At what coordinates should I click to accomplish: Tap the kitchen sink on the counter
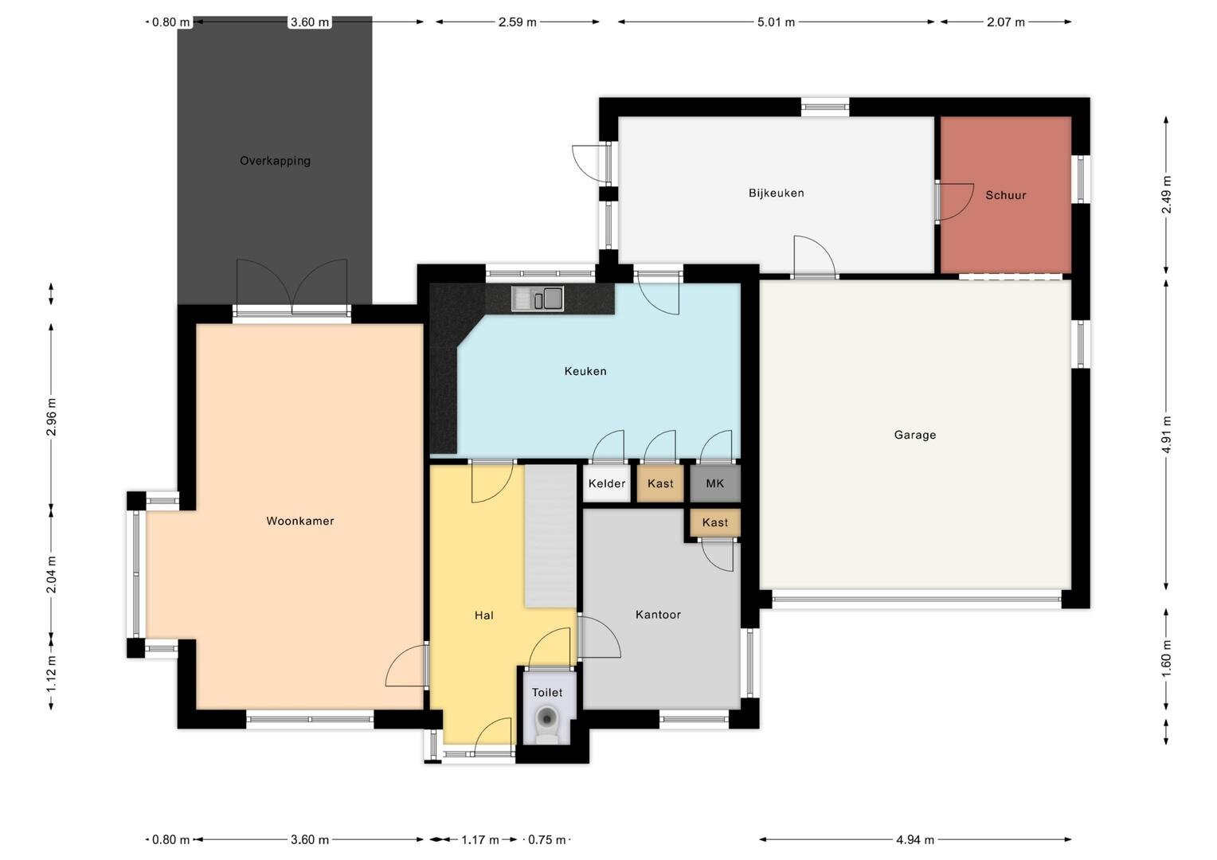(x=538, y=299)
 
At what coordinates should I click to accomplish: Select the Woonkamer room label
(x=300, y=521)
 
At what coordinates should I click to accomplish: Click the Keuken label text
(x=585, y=371)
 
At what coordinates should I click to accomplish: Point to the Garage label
(x=915, y=435)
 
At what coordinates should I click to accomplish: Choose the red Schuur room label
(x=1006, y=195)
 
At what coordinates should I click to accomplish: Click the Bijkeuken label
(x=776, y=193)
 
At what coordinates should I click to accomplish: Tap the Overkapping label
(x=275, y=161)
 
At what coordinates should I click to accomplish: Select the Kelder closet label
(x=606, y=483)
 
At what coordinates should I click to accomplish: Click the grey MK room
(x=715, y=483)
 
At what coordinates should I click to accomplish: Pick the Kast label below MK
(x=714, y=522)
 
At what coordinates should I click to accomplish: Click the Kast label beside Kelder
(x=660, y=483)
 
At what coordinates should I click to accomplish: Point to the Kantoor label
(x=658, y=615)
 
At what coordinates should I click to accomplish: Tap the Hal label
(x=483, y=615)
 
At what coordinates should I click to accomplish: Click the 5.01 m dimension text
(x=776, y=22)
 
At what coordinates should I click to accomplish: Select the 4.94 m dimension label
(x=915, y=839)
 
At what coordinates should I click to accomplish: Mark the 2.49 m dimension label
(x=1167, y=194)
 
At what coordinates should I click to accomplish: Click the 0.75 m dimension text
(x=547, y=839)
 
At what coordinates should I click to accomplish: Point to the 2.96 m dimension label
(x=51, y=416)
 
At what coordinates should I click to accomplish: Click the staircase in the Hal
(x=550, y=535)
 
